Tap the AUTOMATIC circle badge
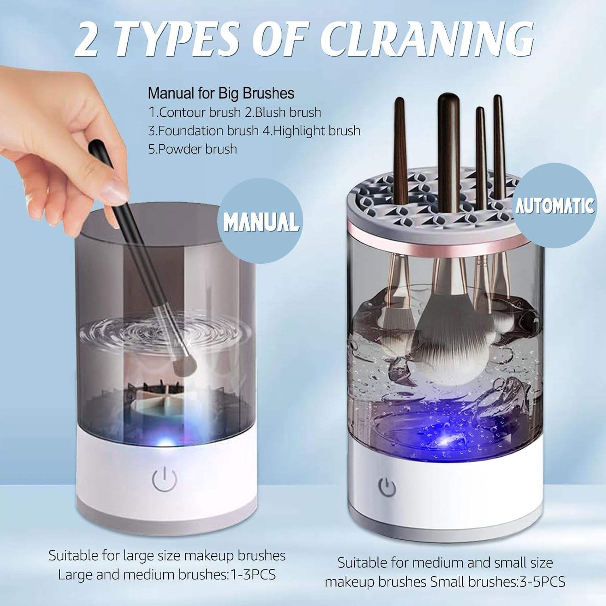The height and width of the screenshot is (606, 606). point(555,206)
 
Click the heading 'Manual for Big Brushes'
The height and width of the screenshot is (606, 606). point(221,93)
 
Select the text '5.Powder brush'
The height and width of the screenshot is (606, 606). point(193,149)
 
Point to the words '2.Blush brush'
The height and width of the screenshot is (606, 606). point(283,112)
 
